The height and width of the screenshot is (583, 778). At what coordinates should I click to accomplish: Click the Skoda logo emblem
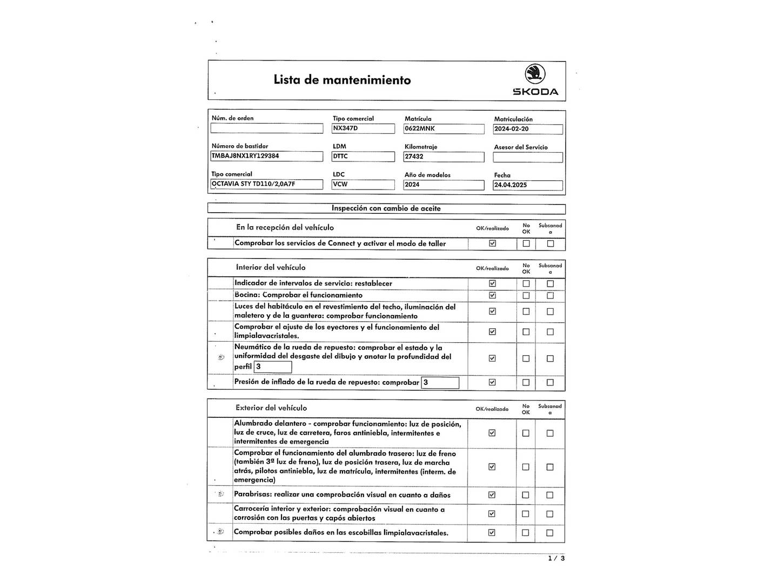pyautogui.click(x=535, y=74)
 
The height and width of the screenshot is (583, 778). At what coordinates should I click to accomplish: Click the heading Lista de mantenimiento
pyautogui.click(x=342, y=80)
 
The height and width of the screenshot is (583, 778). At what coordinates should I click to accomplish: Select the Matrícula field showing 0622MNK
pyautogui.click(x=444, y=129)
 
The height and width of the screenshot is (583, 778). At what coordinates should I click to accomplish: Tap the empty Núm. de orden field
pyautogui.click(x=266, y=128)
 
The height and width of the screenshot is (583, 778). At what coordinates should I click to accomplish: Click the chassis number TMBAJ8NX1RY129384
pyautogui.click(x=266, y=156)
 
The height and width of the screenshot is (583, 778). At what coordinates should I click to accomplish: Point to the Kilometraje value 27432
pyautogui.click(x=444, y=157)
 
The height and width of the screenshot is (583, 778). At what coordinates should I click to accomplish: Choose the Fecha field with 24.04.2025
pyautogui.click(x=527, y=185)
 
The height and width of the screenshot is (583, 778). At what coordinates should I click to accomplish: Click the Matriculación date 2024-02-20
pyautogui.click(x=527, y=129)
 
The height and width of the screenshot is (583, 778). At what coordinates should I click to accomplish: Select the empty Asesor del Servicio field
pyautogui.click(x=527, y=157)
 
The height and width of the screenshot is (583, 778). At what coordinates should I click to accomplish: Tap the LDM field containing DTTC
pyautogui.click(x=363, y=157)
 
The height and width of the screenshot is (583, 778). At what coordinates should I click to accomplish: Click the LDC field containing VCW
pyautogui.click(x=363, y=184)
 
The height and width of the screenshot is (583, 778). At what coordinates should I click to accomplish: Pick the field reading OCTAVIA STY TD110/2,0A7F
pyautogui.click(x=266, y=184)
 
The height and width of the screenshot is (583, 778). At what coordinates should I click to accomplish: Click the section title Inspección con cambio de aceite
pyautogui.click(x=386, y=208)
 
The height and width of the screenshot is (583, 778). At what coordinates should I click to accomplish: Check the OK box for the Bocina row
pyautogui.click(x=492, y=295)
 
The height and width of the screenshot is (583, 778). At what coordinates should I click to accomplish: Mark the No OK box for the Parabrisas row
pyautogui.click(x=526, y=495)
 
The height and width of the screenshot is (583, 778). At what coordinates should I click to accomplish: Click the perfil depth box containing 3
pyautogui.click(x=273, y=367)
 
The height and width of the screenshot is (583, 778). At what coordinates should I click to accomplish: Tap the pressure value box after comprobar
pyautogui.click(x=440, y=383)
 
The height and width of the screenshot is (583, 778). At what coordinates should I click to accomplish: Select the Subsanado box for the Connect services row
pyautogui.click(x=551, y=243)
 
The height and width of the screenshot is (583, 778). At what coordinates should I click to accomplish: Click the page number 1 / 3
pyautogui.click(x=556, y=558)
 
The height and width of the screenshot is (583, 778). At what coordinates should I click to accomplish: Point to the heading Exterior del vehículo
pyautogui.click(x=271, y=408)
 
